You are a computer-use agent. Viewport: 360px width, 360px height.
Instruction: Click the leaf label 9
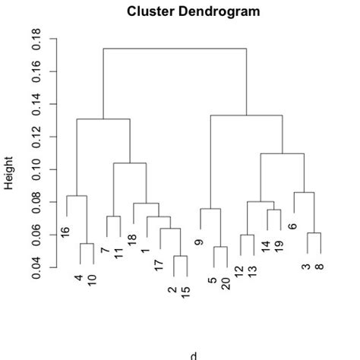click(x=200, y=242)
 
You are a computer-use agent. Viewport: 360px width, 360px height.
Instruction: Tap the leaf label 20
click(x=226, y=283)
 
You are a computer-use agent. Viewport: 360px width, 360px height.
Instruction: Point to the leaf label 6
click(x=293, y=226)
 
